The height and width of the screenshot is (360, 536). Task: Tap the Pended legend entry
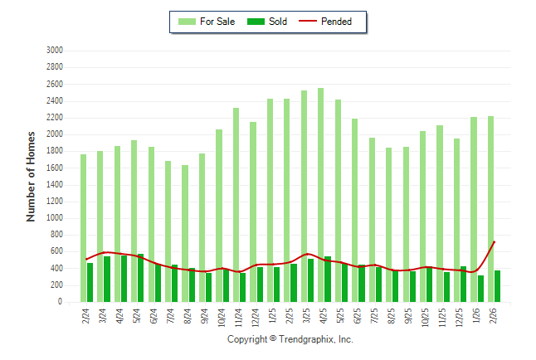(330, 22)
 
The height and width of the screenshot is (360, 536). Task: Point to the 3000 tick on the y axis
(56, 51)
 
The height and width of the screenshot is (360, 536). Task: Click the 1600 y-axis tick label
(56, 168)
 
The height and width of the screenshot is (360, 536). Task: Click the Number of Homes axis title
(31, 176)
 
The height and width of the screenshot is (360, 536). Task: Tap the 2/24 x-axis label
(84, 316)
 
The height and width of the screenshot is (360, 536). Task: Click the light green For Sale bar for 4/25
(320, 195)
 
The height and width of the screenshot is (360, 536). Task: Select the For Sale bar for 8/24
(185, 233)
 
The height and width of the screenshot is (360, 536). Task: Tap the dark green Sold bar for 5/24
(141, 278)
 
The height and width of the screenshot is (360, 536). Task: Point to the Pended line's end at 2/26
(495, 241)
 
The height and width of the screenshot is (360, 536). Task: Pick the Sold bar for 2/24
(90, 282)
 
